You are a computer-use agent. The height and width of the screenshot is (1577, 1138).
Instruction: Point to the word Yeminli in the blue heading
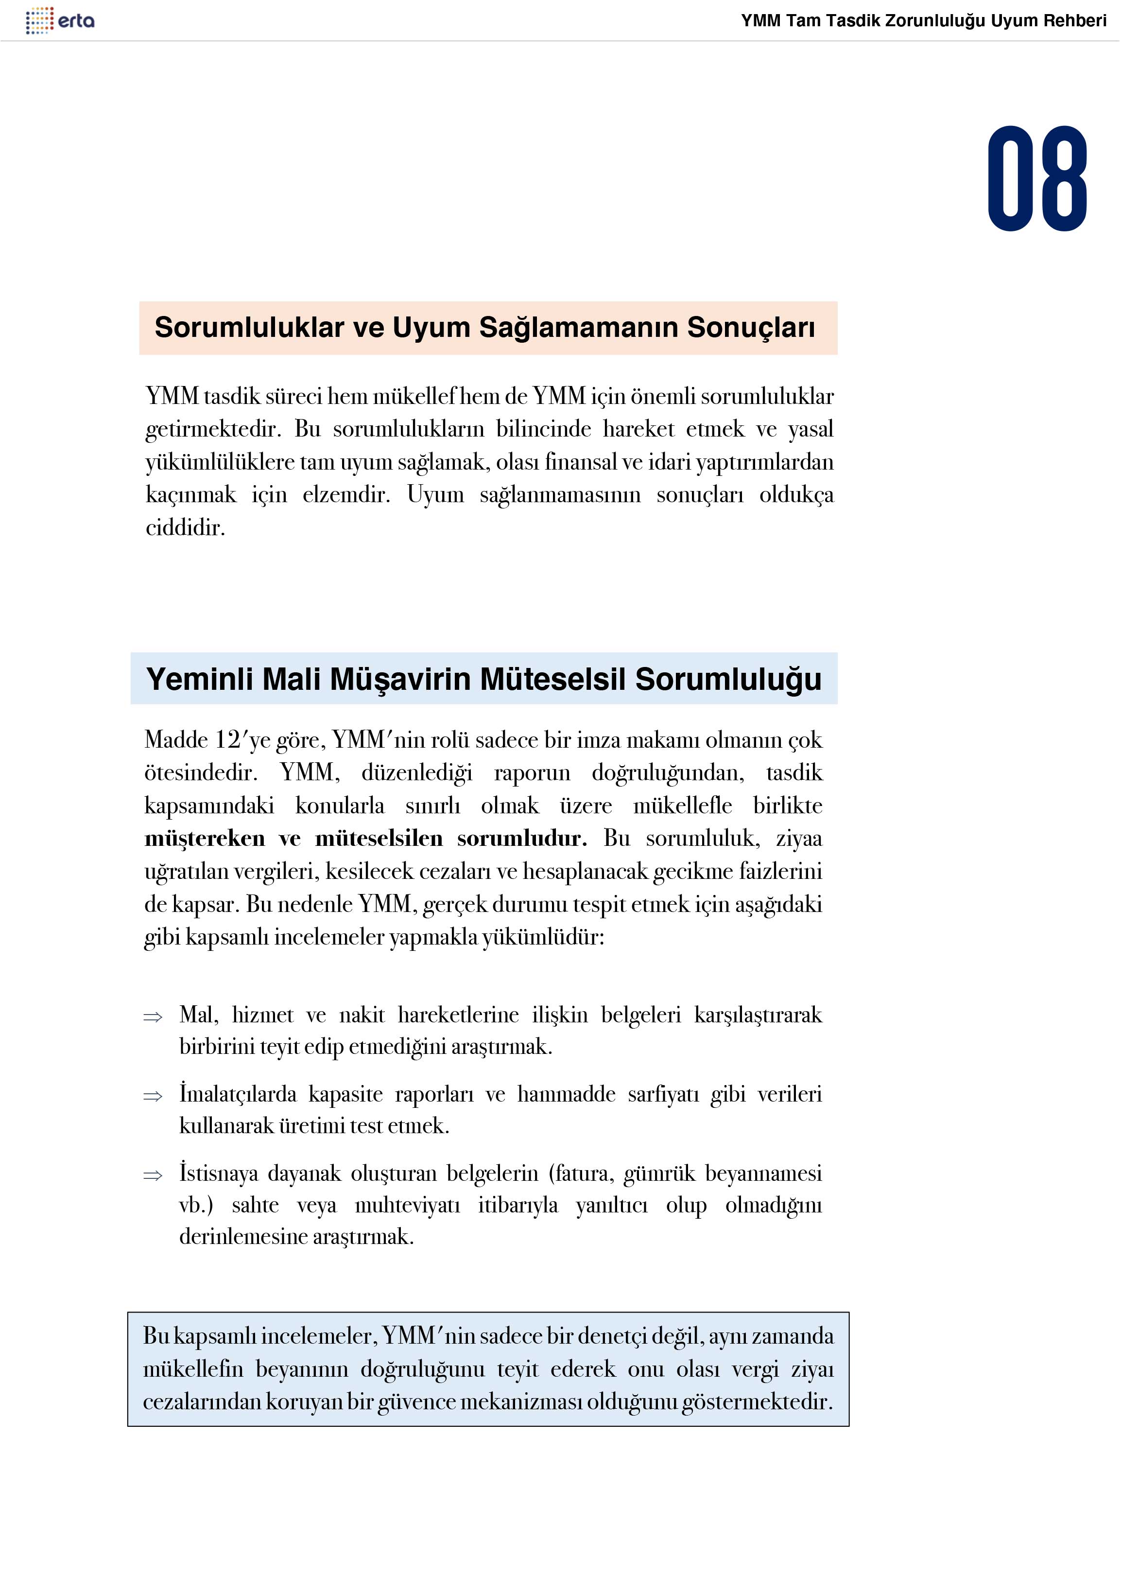coord(200,679)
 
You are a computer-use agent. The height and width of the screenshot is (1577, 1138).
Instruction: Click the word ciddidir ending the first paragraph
coord(185,528)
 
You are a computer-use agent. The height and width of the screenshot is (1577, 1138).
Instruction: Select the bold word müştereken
coord(205,838)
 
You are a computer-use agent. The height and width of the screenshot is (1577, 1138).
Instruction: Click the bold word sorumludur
coord(521,838)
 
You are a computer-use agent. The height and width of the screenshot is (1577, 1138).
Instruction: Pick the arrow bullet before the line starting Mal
coord(152,1017)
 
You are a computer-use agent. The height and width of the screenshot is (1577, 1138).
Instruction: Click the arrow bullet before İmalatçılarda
coord(152,1097)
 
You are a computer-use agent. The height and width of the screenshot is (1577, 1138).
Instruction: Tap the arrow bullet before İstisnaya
coord(152,1176)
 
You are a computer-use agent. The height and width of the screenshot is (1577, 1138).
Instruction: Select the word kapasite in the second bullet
coord(345,1094)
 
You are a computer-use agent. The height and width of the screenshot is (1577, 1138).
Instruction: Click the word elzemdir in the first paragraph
coord(346,494)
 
